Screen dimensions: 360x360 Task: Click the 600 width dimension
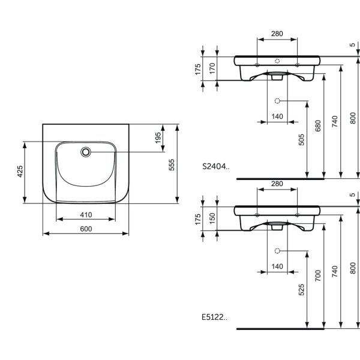pos(86,229)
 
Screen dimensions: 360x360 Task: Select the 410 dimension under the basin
pos(86,214)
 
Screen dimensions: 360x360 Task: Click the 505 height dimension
pos(303,139)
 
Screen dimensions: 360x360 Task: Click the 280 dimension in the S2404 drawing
pos(277,34)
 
